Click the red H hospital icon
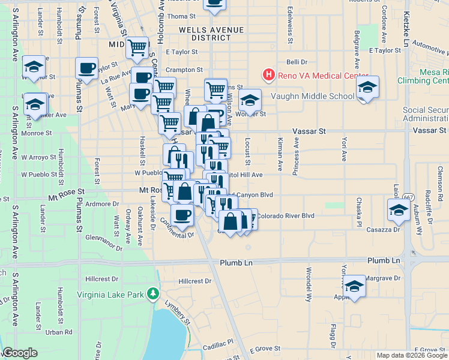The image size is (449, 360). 268,74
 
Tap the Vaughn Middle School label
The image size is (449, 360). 312,96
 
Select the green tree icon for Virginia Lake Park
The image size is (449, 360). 153,294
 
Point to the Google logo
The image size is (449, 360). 20,353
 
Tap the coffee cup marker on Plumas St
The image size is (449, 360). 86,68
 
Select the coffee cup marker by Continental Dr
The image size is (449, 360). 182,215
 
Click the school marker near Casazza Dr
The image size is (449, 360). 397,209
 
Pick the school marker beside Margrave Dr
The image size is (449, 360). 354,286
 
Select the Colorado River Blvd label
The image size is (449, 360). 286,215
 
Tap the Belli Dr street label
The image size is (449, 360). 297,62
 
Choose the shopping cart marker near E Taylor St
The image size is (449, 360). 137,47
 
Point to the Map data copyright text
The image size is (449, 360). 411,355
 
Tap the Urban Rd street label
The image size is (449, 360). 59,332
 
